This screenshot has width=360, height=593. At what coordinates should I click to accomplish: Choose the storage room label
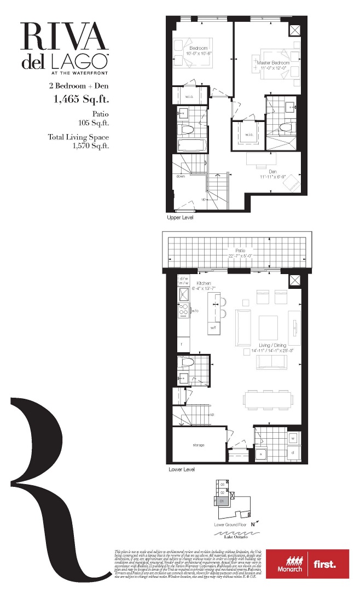click(198, 445)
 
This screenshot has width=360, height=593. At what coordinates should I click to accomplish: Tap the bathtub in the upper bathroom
click(192, 144)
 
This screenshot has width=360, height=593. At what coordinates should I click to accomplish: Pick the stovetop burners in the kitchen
click(183, 312)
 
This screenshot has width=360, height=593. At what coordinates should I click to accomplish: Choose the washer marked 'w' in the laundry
click(293, 438)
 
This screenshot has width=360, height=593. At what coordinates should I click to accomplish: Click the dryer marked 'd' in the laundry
click(293, 453)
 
